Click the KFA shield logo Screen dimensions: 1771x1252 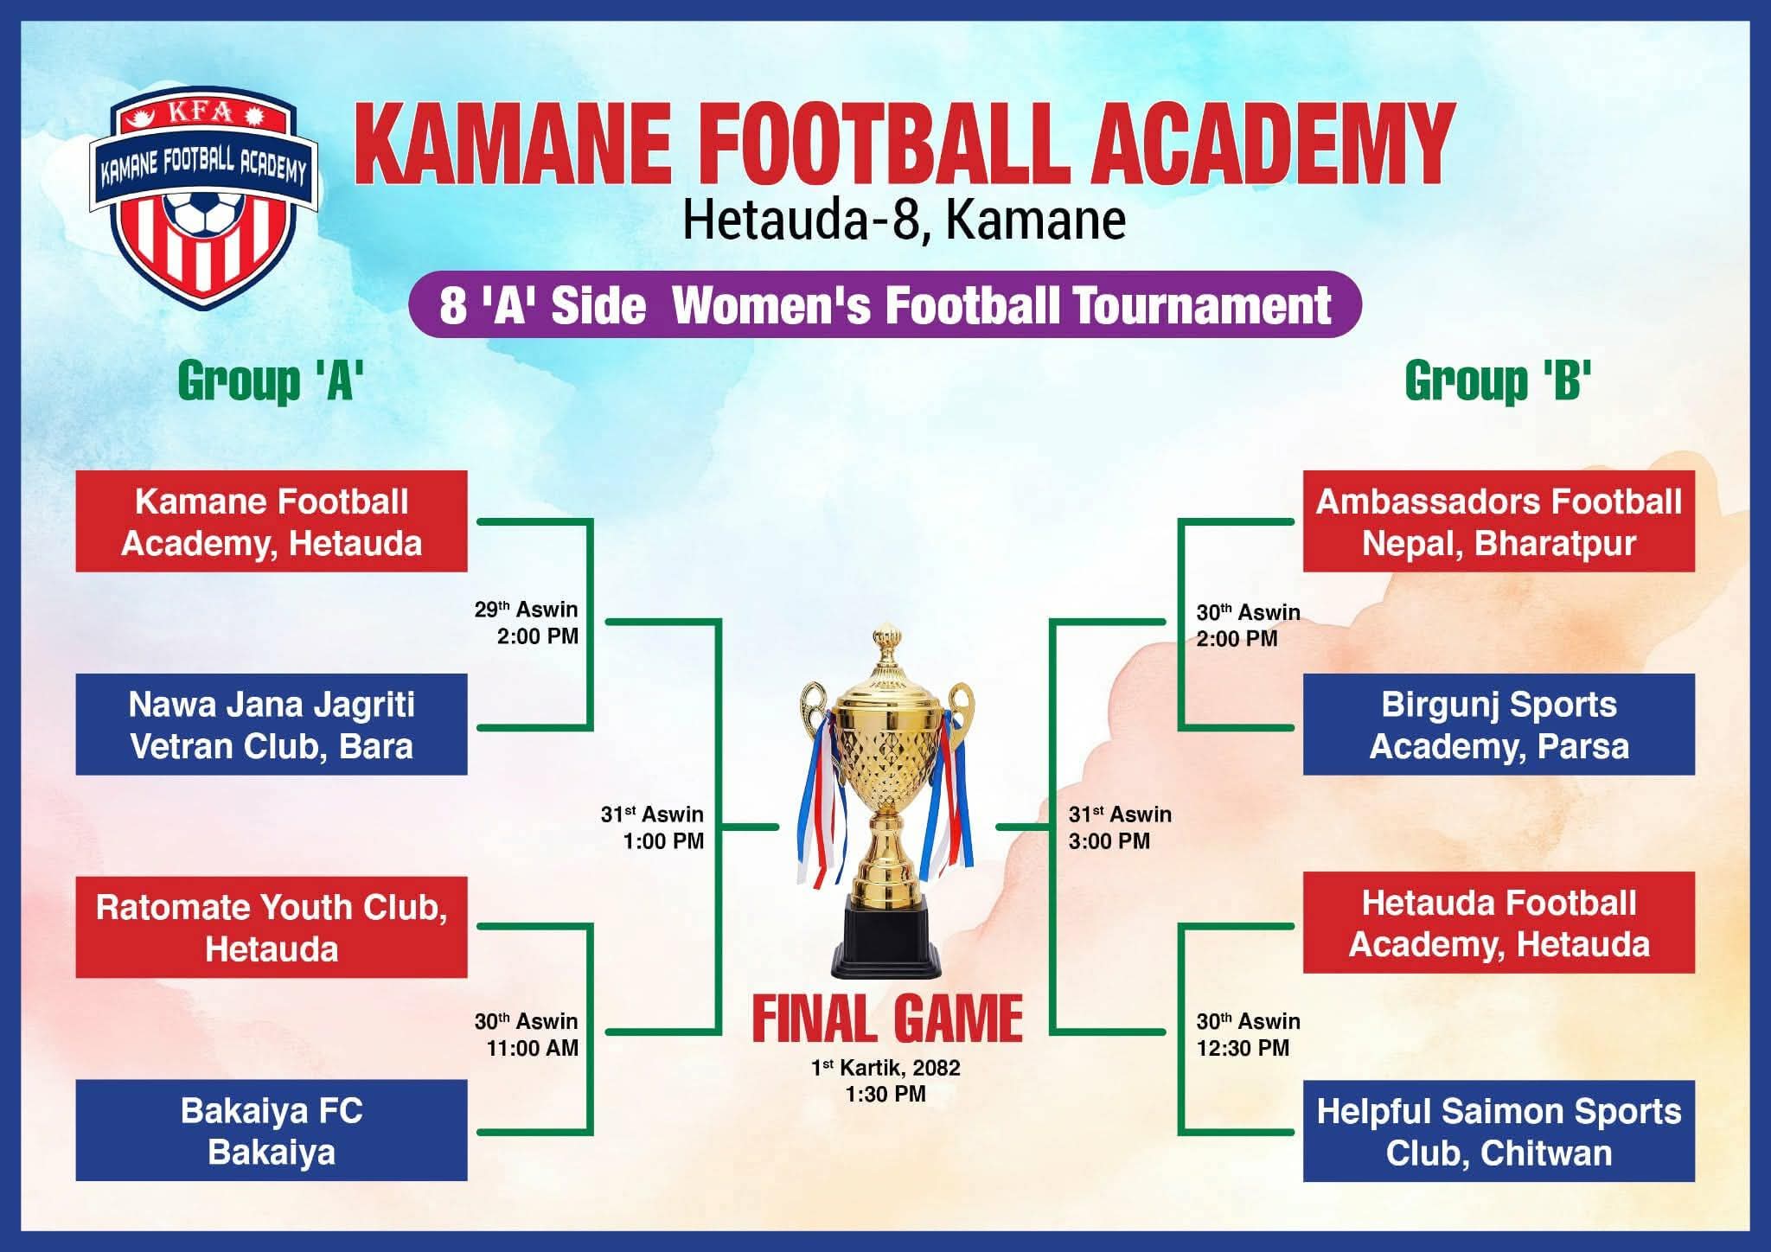pos(204,197)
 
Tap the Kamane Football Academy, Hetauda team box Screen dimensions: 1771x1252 pos(272,521)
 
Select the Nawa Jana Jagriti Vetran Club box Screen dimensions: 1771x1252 pos(272,725)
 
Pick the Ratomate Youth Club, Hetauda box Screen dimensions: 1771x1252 pos(272,928)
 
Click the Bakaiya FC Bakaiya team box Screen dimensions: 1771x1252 pos(272,1130)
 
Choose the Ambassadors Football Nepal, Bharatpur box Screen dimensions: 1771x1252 pos(1499,521)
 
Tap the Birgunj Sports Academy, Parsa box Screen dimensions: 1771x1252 pos(1499,725)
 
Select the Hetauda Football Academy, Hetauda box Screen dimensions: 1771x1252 pos(1499,923)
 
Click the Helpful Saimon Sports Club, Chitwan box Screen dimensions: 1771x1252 pos(1499,1131)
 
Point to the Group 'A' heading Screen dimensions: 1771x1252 pos(271,380)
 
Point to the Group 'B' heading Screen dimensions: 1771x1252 pos(1499,380)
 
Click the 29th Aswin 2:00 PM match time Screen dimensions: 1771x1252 pos(527,623)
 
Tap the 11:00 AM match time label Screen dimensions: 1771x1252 pos(533,1048)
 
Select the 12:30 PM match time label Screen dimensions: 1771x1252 pos(1243,1048)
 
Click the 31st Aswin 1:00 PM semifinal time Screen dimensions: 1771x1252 pos(653,827)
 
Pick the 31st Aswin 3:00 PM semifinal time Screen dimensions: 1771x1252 pos(1120,827)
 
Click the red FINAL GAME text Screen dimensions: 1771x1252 pos(887,1019)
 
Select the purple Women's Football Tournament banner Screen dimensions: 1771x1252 pos(885,304)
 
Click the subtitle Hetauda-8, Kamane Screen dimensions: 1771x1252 pos(905,220)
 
